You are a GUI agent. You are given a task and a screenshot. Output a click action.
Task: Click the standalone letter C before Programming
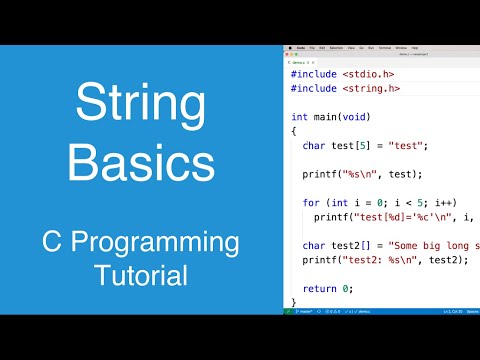pyautogui.click(x=54, y=243)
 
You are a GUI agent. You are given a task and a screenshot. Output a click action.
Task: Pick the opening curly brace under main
pyautogui.click(x=294, y=131)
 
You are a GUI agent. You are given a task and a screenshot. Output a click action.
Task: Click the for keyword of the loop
pyautogui.click(x=311, y=202)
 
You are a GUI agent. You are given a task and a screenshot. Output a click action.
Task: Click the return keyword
pyautogui.click(x=321, y=288)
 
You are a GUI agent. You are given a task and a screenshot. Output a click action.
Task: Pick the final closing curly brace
pyautogui.click(x=294, y=301)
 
